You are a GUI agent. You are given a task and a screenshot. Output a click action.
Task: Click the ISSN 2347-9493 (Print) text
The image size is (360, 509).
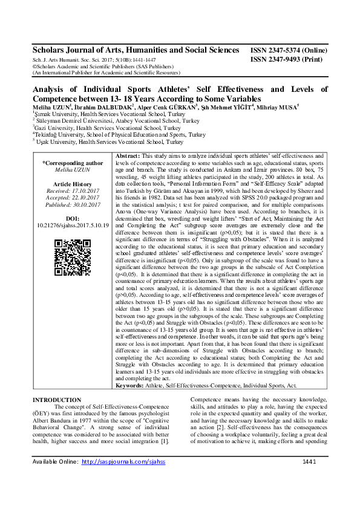point(286,61)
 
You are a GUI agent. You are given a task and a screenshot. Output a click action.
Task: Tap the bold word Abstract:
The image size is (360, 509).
point(128,156)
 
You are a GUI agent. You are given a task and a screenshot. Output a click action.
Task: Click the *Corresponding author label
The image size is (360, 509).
point(73,163)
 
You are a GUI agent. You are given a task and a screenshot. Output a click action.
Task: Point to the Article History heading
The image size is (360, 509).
point(73,184)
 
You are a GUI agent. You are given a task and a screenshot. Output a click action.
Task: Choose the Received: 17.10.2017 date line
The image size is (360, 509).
point(73,190)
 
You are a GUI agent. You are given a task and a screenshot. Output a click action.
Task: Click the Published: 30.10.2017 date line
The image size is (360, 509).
point(73,205)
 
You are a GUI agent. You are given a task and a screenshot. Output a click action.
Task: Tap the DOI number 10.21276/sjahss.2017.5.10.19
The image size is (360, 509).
point(73,225)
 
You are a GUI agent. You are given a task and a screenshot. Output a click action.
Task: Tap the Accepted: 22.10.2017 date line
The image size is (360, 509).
point(73,198)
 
